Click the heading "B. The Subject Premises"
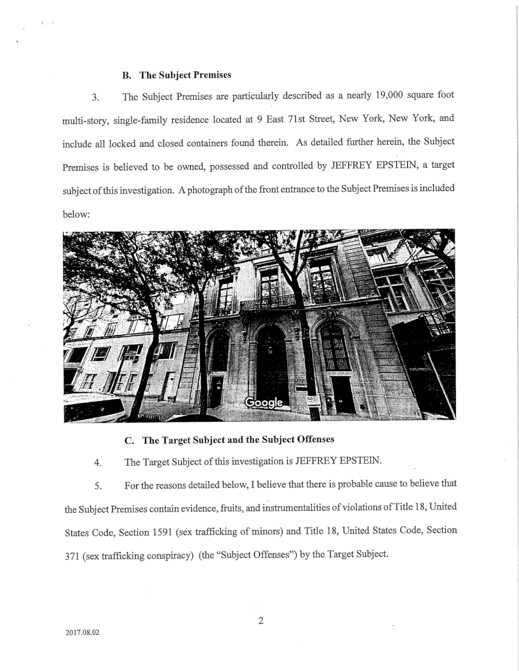click(x=176, y=74)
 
